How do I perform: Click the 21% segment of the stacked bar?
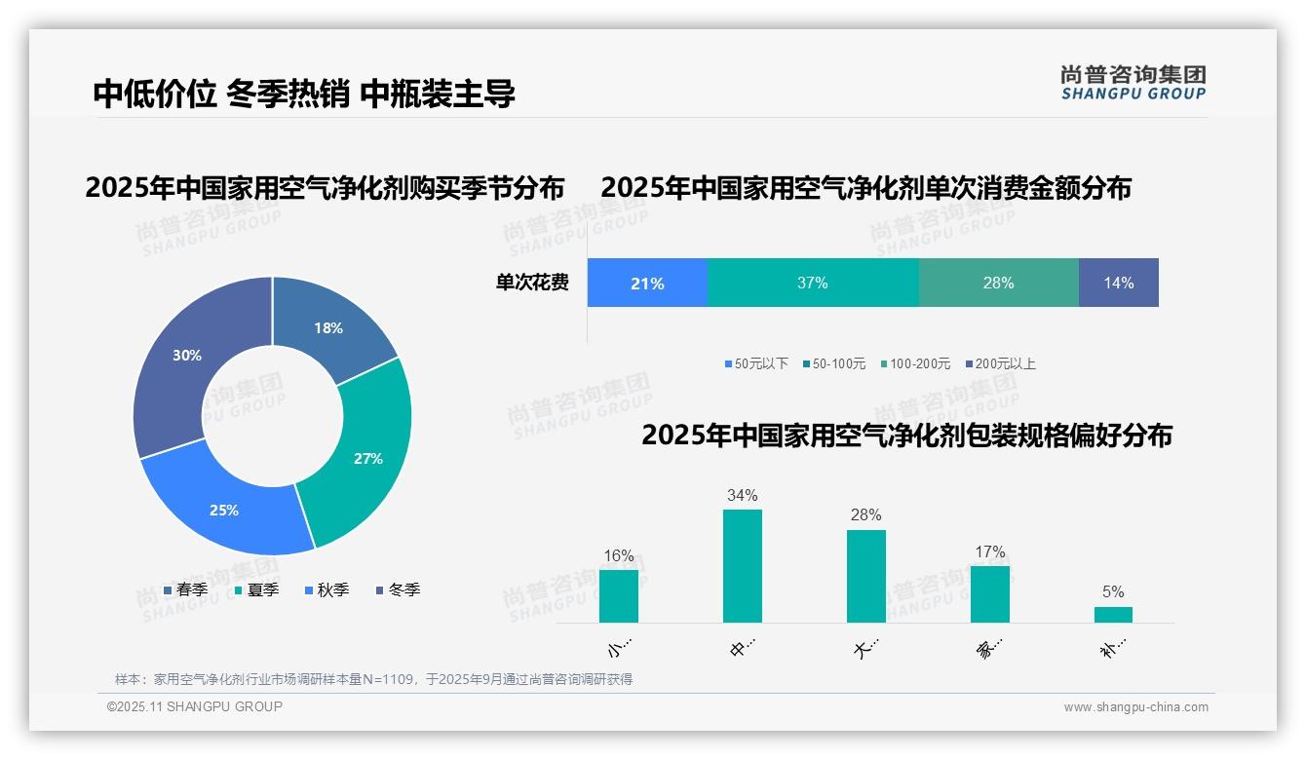(x=647, y=284)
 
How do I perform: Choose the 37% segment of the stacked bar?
(x=812, y=284)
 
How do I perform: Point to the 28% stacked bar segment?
(x=998, y=284)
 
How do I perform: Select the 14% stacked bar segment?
(x=1118, y=284)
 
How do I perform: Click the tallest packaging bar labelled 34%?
(x=742, y=565)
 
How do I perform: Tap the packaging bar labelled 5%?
(x=1113, y=614)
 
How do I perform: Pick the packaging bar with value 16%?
(x=618, y=595)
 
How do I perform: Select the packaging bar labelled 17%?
(x=989, y=593)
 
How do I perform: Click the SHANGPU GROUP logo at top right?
(x=1133, y=82)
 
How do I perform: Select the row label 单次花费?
(x=532, y=284)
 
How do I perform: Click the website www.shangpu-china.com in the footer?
(x=1135, y=707)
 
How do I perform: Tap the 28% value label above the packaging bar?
(x=865, y=514)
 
